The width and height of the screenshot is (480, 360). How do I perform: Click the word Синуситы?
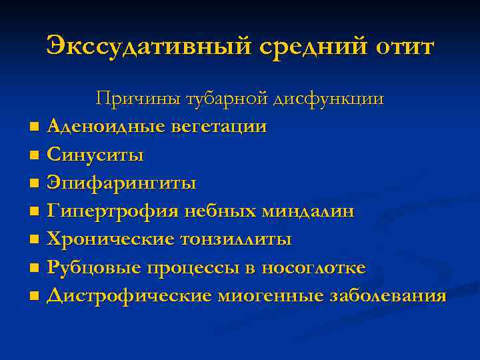click(95, 155)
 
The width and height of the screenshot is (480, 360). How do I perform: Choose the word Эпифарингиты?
click(121, 183)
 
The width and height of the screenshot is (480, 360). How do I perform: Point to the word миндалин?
click(308, 211)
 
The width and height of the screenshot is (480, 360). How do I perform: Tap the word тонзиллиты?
click(234, 239)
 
